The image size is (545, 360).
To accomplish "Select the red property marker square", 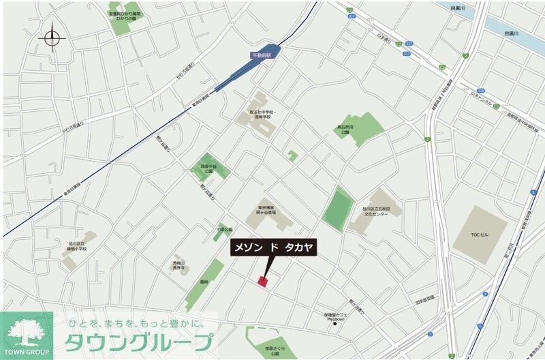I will coord(263,280).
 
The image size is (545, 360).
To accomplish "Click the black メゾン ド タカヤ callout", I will coord(273,248).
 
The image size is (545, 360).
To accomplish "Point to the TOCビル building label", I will coord(480,234).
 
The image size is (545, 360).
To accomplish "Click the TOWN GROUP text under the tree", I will coord(27,351).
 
